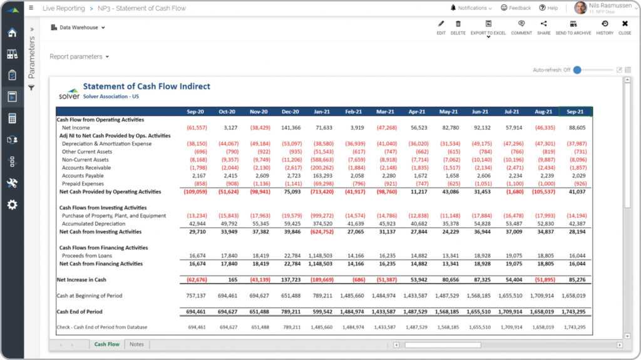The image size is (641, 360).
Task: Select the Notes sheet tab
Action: point(136,344)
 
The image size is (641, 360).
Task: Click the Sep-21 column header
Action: point(575,111)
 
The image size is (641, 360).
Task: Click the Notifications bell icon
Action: point(453,8)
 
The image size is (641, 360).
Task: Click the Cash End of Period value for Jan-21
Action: point(322,311)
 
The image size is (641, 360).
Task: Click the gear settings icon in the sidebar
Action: point(12,205)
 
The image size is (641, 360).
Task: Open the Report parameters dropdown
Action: point(79,56)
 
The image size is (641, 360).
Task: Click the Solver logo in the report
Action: point(69,93)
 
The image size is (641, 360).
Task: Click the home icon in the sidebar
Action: point(12,33)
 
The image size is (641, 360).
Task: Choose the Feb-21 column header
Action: point(354,111)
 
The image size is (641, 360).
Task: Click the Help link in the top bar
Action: point(548,8)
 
